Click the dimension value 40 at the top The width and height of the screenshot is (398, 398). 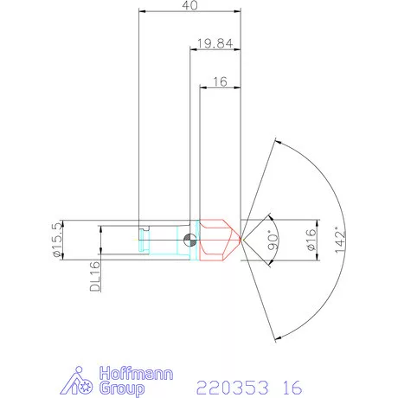(x=189, y=7)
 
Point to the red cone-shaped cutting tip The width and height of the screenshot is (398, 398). (x=218, y=240)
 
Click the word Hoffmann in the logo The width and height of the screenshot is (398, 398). (x=136, y=374)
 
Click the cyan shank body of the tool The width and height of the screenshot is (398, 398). (x=164, y=240)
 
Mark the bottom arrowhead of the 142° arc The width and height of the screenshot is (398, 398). (x=274, y=337)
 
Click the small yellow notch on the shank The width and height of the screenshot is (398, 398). (x=144, y=231)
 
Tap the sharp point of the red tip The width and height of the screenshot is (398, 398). (x=241, y=240)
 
